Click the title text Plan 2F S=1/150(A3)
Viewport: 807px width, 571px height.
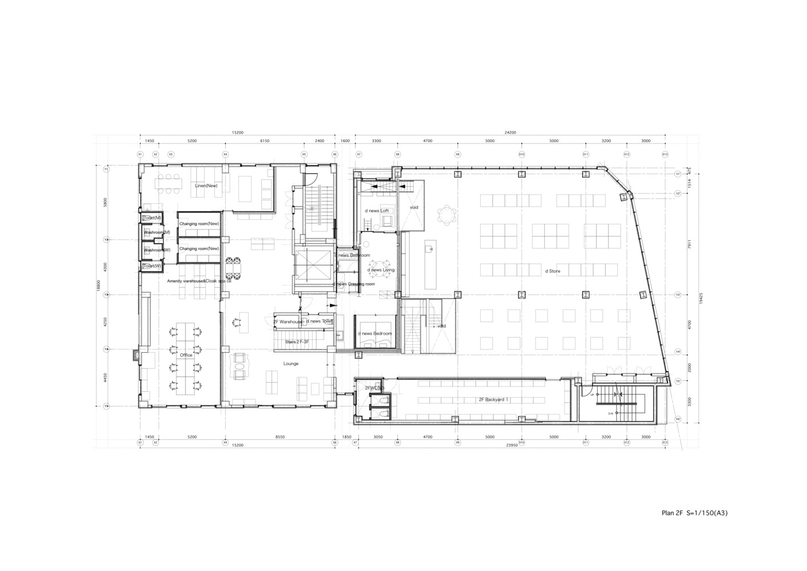click(694, 513)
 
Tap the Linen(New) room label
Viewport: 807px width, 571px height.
click(206, 186)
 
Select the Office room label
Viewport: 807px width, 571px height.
click(186, 355)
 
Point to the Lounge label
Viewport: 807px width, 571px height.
click(291, 364)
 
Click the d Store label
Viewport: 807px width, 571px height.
click(553, 271)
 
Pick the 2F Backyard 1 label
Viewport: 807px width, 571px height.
click(493, 400)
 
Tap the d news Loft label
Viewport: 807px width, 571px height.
click(377, 211)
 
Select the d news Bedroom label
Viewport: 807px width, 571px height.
click(375, 333)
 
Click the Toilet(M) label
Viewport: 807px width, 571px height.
click(152, 218)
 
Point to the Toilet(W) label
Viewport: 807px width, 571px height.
click(152, 266)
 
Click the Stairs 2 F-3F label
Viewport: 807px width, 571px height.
click(297, 341)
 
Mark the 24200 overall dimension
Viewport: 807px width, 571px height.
click(510, 132)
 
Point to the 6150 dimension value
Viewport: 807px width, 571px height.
click(265, 140)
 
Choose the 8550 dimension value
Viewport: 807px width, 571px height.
click(279, 437)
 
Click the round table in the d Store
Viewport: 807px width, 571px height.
click(447, 215)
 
